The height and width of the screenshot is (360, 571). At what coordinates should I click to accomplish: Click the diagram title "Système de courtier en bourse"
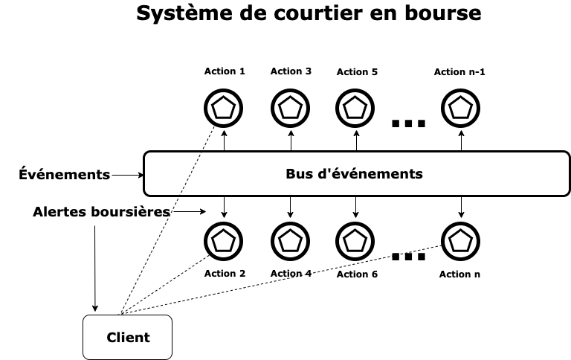click(308, 13)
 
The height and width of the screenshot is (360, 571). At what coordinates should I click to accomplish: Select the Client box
click(127, 337)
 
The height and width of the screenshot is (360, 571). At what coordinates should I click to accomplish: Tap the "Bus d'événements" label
click(354, 174)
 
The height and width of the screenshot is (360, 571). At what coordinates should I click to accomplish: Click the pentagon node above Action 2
click(224, 240)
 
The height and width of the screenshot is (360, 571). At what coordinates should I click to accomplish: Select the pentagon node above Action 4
click(290, 240)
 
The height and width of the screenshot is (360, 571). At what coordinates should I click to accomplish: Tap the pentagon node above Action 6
click(355, 240)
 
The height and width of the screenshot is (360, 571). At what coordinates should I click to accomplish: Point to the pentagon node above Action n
click(461, 240)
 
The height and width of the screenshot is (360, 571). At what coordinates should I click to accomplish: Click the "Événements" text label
click(64, 175)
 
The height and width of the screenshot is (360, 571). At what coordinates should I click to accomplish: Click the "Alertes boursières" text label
click(101, 212)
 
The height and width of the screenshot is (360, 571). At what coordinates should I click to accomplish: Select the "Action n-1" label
click(459, 72)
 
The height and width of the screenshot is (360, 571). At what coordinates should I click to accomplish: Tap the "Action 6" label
click(357, 274)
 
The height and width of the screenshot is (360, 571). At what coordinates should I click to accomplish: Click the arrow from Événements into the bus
click(126, 176)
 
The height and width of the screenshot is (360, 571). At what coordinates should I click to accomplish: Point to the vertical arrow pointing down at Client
click(95, 268)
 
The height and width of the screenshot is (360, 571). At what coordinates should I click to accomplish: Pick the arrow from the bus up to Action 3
click(290, 140)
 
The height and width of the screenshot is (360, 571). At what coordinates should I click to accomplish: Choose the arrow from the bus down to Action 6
click(355, 208)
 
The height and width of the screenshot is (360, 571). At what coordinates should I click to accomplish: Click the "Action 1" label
click(225, 71)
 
